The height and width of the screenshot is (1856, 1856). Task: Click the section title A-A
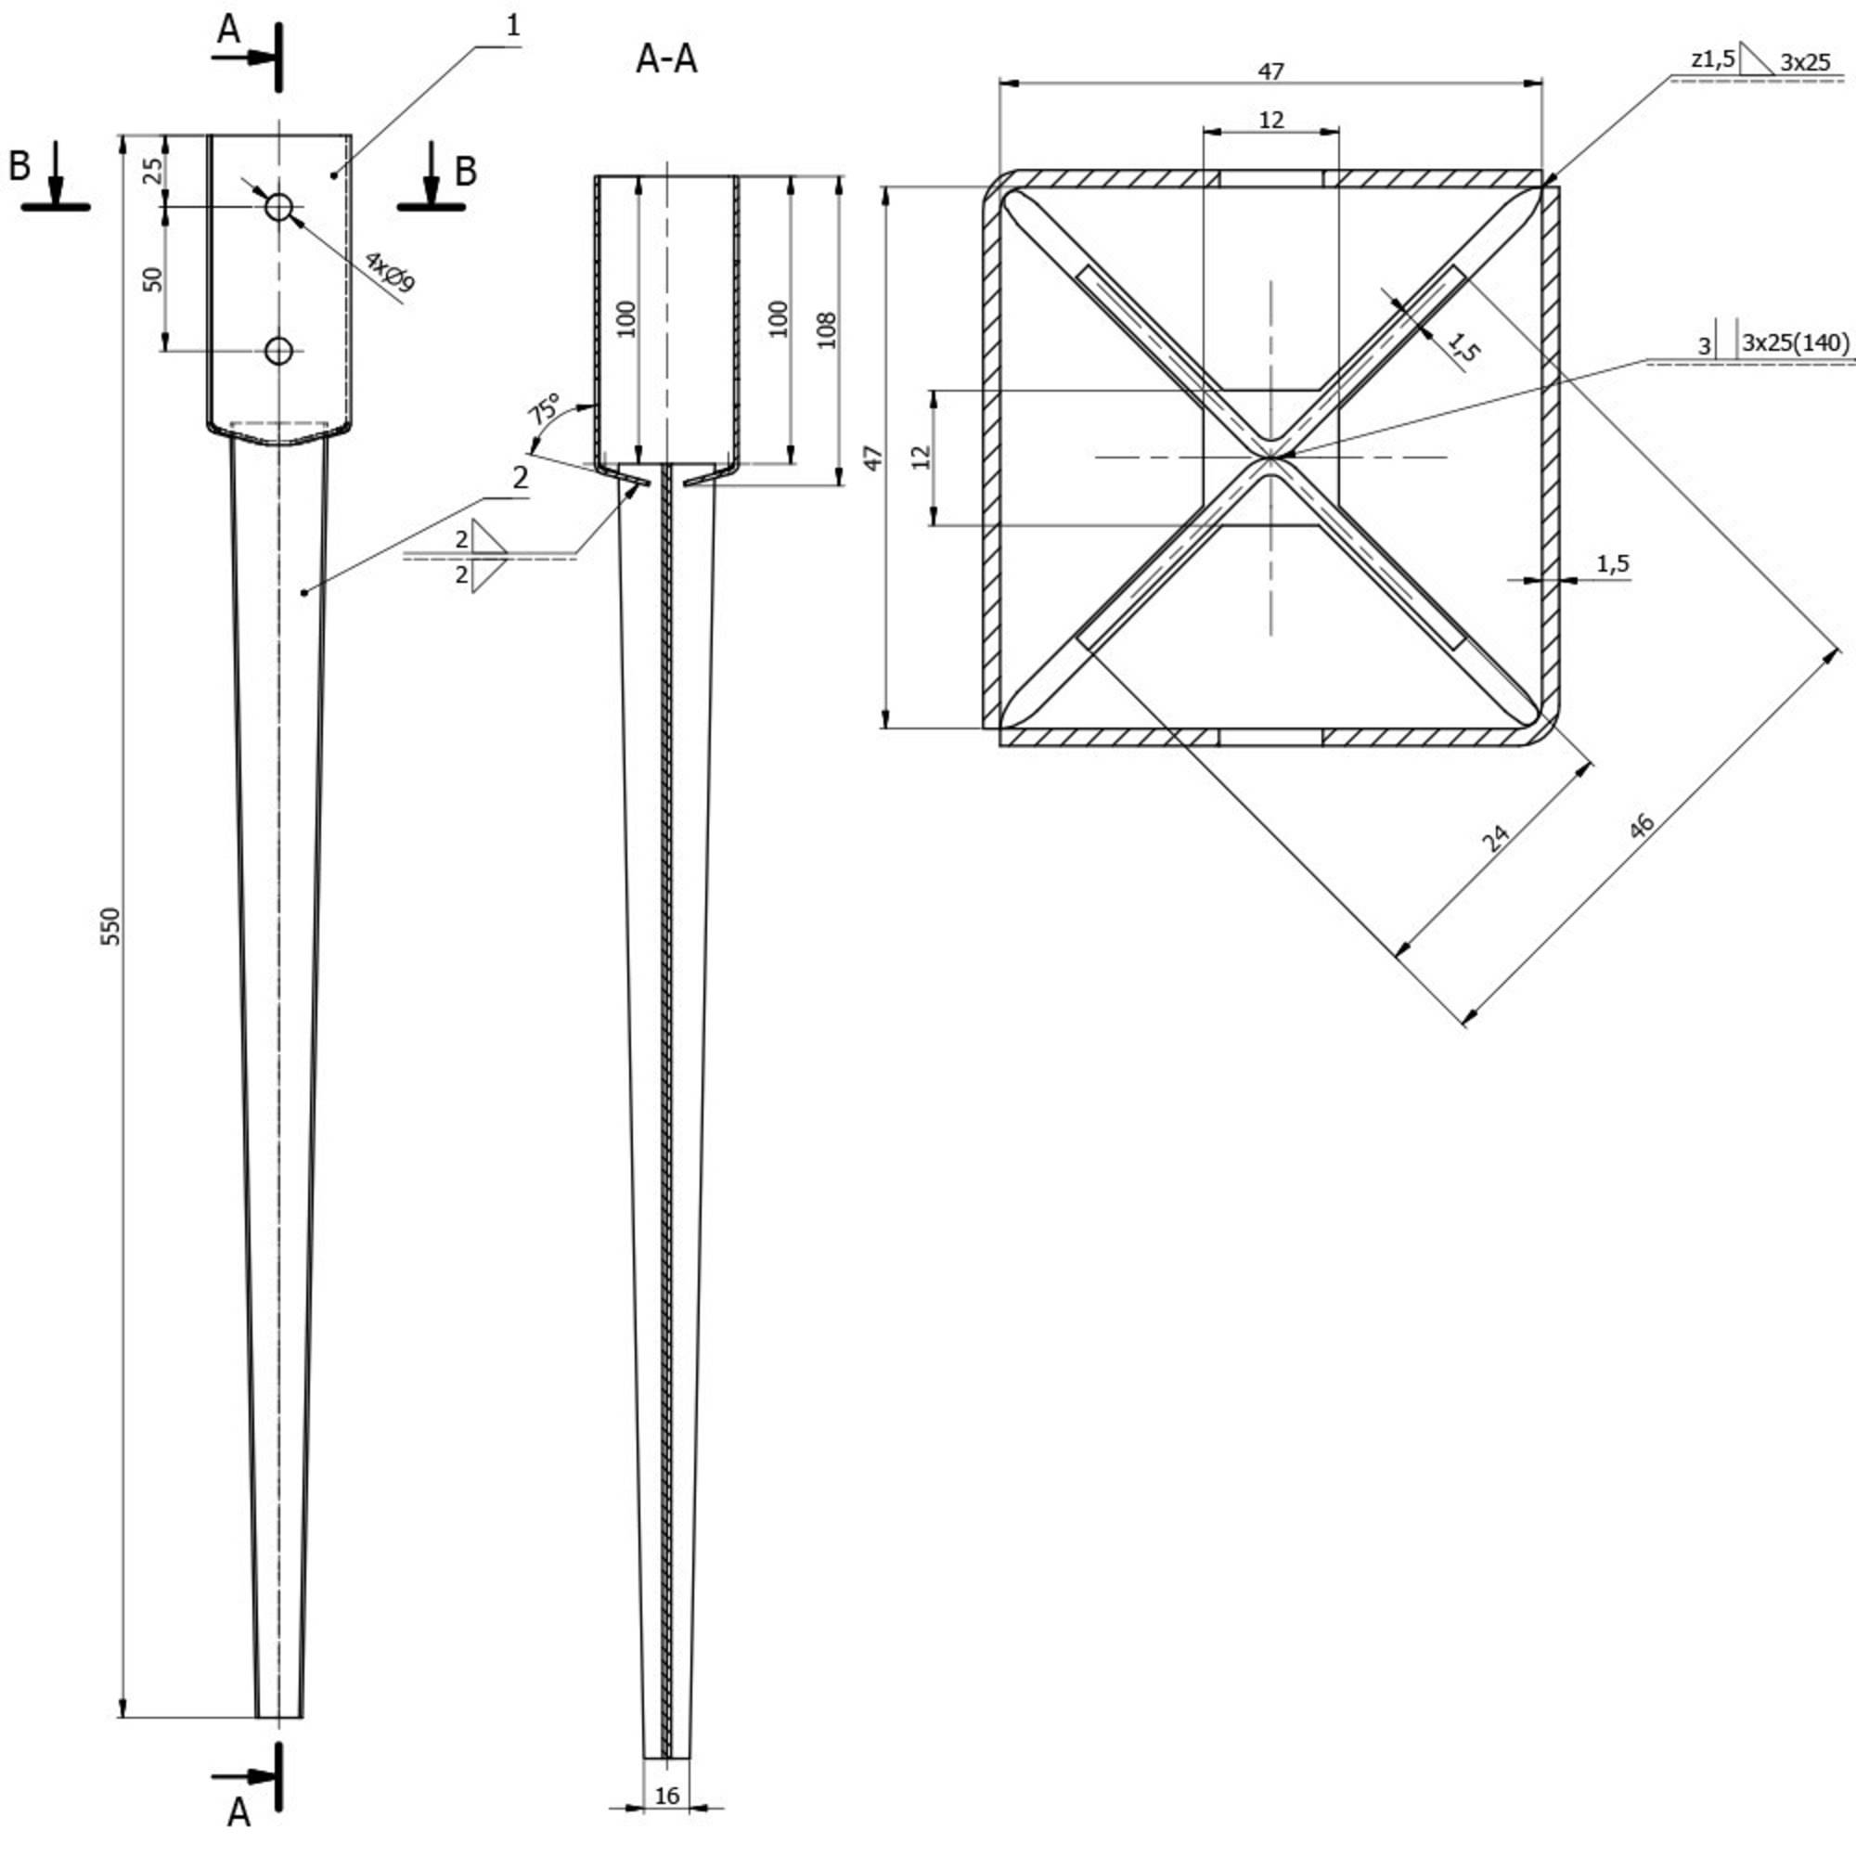665,59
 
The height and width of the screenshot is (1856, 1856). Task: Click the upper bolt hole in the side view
278,206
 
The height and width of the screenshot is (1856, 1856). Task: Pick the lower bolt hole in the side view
278,351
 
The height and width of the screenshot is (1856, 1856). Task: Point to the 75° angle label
545,408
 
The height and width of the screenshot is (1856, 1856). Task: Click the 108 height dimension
826,329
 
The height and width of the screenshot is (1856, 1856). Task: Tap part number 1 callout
513,27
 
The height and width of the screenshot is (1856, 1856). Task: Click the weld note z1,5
1713,59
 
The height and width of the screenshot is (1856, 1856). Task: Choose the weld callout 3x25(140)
1795,342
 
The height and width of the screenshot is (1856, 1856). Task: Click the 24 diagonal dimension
1496,837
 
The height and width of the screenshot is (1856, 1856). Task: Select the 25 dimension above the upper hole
153,170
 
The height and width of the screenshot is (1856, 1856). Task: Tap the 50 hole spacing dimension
153,278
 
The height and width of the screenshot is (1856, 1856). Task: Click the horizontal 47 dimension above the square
1270,71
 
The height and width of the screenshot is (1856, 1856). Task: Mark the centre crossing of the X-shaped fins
1271,458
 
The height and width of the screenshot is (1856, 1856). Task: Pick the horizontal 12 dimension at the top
1270,120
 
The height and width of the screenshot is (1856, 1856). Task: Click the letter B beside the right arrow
465,171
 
